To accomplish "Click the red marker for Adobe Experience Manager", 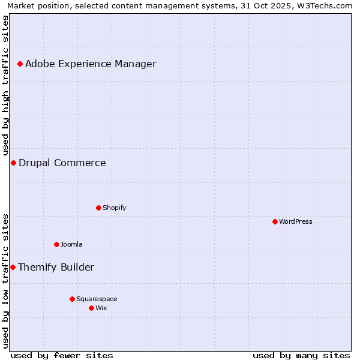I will coord(20,64).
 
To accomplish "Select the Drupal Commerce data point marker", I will coord(13,163).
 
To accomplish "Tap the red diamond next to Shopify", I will coord(98,208).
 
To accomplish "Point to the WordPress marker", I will coord(275,221).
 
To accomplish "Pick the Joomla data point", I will coord(56,244).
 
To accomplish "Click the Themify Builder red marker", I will coord(13,267).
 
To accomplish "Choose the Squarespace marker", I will coord(72,299).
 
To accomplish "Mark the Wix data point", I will coord(91,308).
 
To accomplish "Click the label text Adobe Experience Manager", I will coord(91,64).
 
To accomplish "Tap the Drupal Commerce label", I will coord(62,163).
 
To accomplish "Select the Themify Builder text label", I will coord(56,267).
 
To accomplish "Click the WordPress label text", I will coord(296,221).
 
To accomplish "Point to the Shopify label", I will coord(114,208).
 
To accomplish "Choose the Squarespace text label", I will coord(97,299).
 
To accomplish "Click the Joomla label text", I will coord(71,244).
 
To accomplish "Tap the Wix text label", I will coord(101,308).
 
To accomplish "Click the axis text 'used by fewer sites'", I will coord(62,355).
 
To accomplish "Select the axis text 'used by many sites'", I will coord(301,355).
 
